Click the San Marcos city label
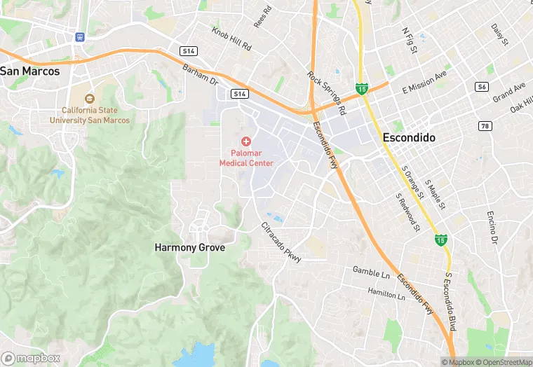(x=29, y=71)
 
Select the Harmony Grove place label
(x=190, y=248)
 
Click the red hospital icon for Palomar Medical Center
(x=246, y=141)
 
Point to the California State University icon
(x=89, y=99)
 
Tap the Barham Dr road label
(x=200, y=75)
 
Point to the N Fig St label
(x=410, y=40)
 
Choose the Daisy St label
(x=499, y=36)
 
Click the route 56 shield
(x=481, y=87)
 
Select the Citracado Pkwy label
(x=281, y=242)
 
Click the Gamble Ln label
(x=371, y=270)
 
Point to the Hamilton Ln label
(x=386, y=293)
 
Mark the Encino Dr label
(x=493, y=228)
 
